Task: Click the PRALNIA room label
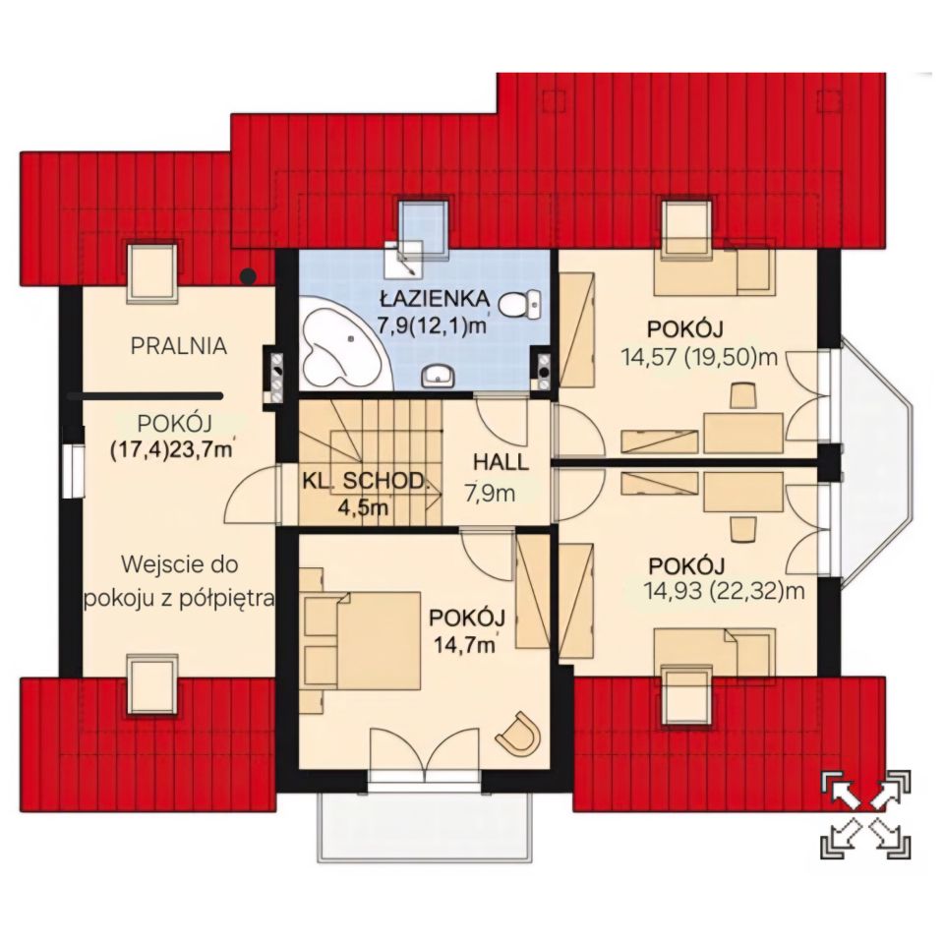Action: click(x=179, y=346)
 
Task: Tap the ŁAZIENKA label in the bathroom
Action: click(x=434, y=298)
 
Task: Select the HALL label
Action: click(x=501, y=462)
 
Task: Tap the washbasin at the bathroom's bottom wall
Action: click(x=439, y=377)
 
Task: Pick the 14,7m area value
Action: click(x=465, y=645)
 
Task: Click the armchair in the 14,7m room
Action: click(x=518, y=733)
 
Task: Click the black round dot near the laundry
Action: click(x=248, y=276)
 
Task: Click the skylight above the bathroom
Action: click(x=425, y=227)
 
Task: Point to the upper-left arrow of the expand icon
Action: click(x=844, y=790)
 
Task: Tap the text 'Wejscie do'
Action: click(x=180, y=564)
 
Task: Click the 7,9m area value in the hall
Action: click(x=491, y=494)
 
